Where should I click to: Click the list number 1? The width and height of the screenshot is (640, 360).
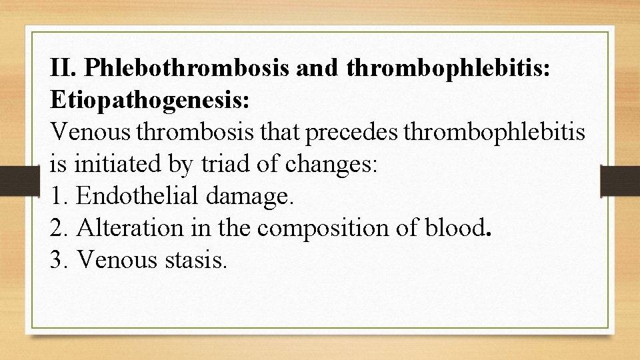(59, 196)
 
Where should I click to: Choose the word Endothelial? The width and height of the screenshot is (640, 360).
(138, 196)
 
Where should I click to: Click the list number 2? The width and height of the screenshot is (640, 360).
(59, 228)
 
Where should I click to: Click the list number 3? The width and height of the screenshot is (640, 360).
(59, 260)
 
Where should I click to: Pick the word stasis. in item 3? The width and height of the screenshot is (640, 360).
(195, 260)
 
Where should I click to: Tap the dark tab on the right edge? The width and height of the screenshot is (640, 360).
(620, 180)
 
